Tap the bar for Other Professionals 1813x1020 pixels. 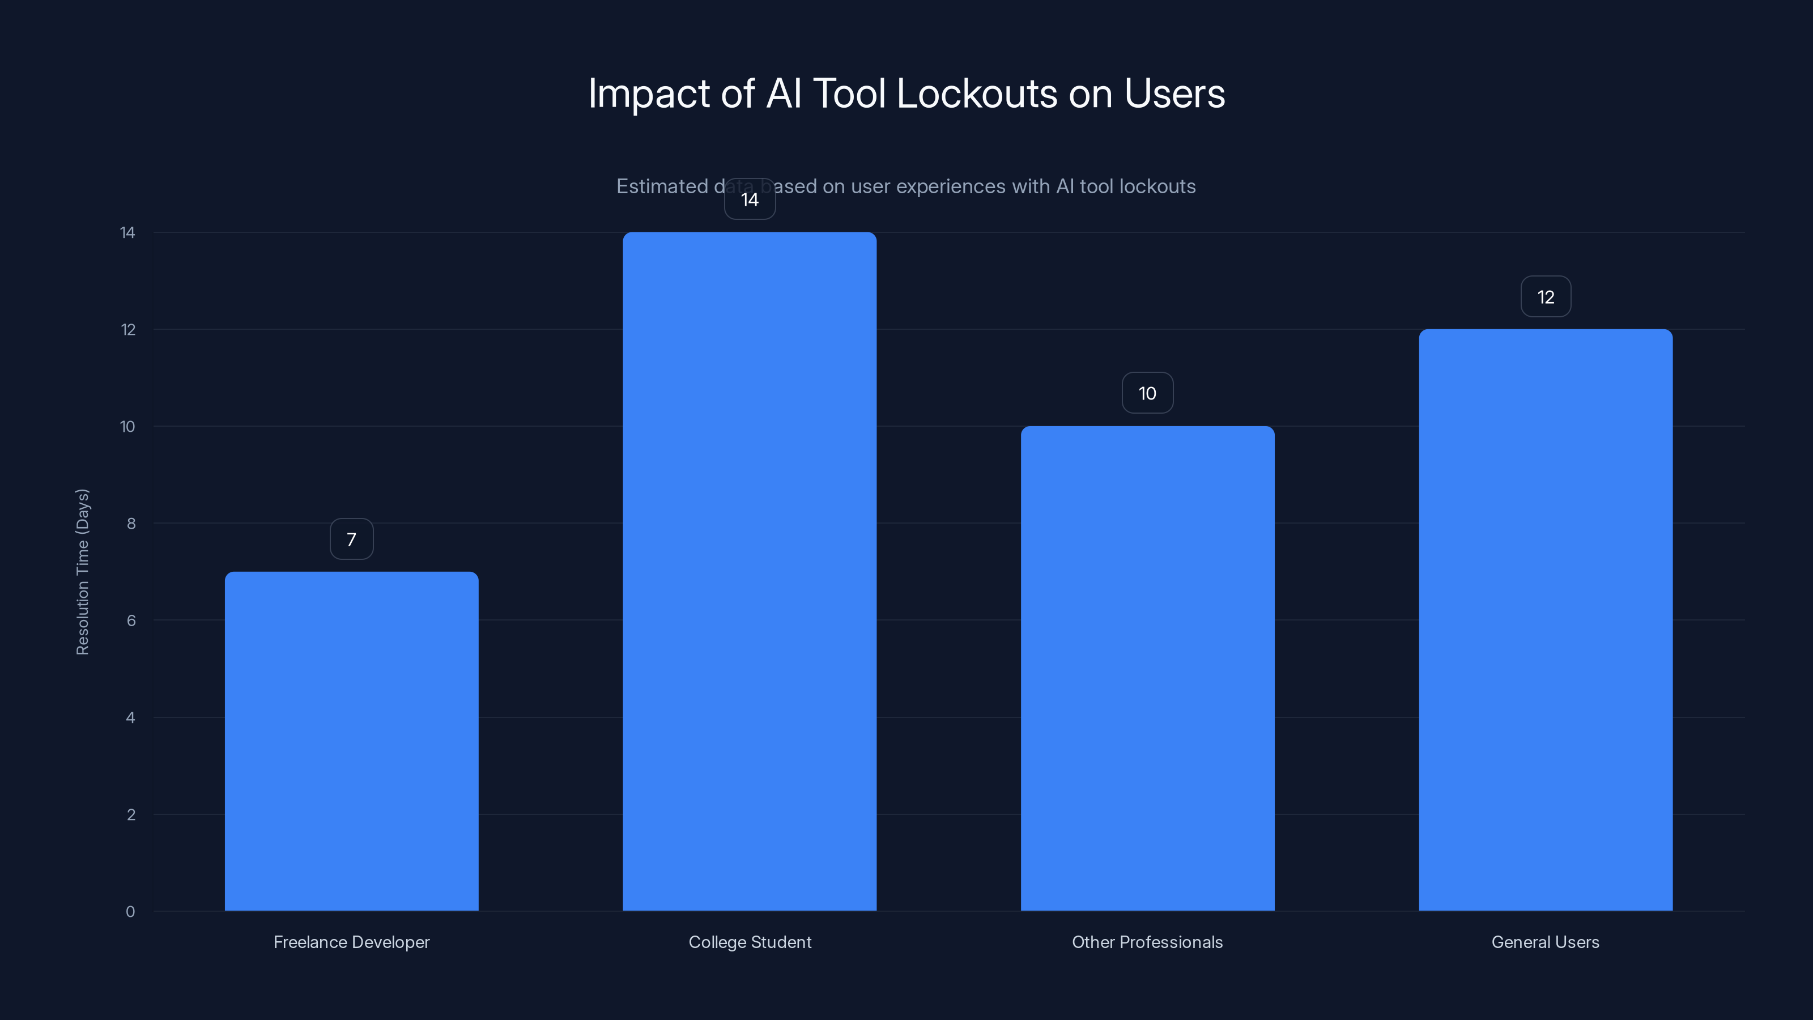pyautogui.click(x=1147, y=668)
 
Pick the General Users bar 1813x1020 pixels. pyautogui.click(x=1546, y=619)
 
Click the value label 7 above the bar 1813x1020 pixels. pyautogui.click(x=351, y=539)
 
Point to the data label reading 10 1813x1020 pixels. pyautogui.click(x=1147, y=393)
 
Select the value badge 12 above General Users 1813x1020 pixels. pyautogui.click(x=1546, y=296)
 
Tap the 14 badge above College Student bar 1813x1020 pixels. pyautogui.click(x=750, y=200)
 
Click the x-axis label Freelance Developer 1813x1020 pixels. pyautogui.click(x=351, y=942)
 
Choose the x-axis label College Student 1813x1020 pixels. pyautogui.click(x=750, y=942)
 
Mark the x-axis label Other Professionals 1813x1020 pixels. pyautogui.click(x=1147, y=942)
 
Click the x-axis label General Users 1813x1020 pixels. pyautogui.click(x=1546, y=942)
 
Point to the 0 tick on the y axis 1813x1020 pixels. pyautogui.click(x=130, y=912)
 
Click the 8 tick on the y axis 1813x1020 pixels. pyautogui.click(x=131, y=523)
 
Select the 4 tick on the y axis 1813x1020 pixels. pyautogui.click(x=130, y=717)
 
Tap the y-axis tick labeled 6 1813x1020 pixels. pyautogui.click(x=131, y=620)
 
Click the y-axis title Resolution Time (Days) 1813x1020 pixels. pyautogui.click(x=82, y=572)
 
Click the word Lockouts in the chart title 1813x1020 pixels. pyautogui.click(x=977, y=93)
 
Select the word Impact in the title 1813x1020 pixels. pyautogui.click(x=648, y=93)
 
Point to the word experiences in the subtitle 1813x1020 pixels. pyautogui.click(x=951, y=186)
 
